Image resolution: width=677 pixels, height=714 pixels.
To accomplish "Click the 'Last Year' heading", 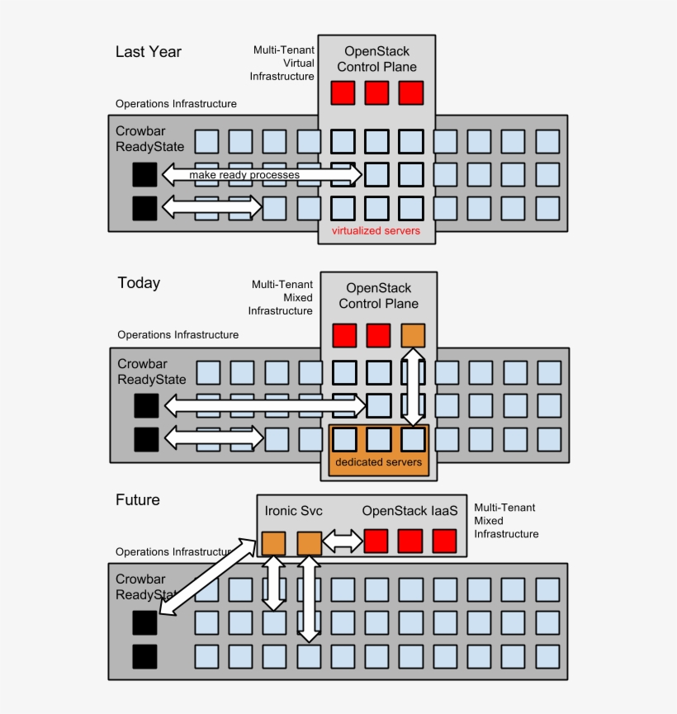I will (148, 52).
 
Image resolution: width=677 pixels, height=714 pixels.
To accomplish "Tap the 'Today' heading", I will (139, 283).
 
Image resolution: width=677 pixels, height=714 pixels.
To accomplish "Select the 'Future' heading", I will (138, 499).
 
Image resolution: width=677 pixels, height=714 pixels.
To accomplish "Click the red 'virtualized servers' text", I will (376, 231).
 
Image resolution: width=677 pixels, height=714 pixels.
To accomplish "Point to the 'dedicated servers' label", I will (378, 462).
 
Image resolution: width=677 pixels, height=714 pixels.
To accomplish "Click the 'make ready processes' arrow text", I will (244, 175).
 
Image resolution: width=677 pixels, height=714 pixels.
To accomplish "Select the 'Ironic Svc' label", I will (294, 511).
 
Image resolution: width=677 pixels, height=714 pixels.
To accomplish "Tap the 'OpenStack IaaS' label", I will (410, 511).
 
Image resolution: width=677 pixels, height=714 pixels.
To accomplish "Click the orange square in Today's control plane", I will (413, 335).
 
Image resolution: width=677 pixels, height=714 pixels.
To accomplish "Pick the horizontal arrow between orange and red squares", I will (343, 541).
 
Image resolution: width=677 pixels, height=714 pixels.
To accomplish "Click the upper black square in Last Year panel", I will (144, 174).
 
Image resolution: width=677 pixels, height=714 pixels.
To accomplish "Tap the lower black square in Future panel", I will (144, 657).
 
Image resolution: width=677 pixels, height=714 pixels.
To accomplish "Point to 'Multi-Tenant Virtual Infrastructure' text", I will (282, 64).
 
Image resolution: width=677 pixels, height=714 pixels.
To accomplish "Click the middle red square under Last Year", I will (376, 92).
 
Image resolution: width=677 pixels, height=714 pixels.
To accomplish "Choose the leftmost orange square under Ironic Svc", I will (273, 543).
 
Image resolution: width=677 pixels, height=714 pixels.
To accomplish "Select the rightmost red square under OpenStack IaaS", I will (444, 541).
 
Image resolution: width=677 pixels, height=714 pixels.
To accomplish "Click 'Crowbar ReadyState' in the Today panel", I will (151, 371).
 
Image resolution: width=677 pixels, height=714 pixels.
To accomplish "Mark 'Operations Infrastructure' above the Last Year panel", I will (176, 104).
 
